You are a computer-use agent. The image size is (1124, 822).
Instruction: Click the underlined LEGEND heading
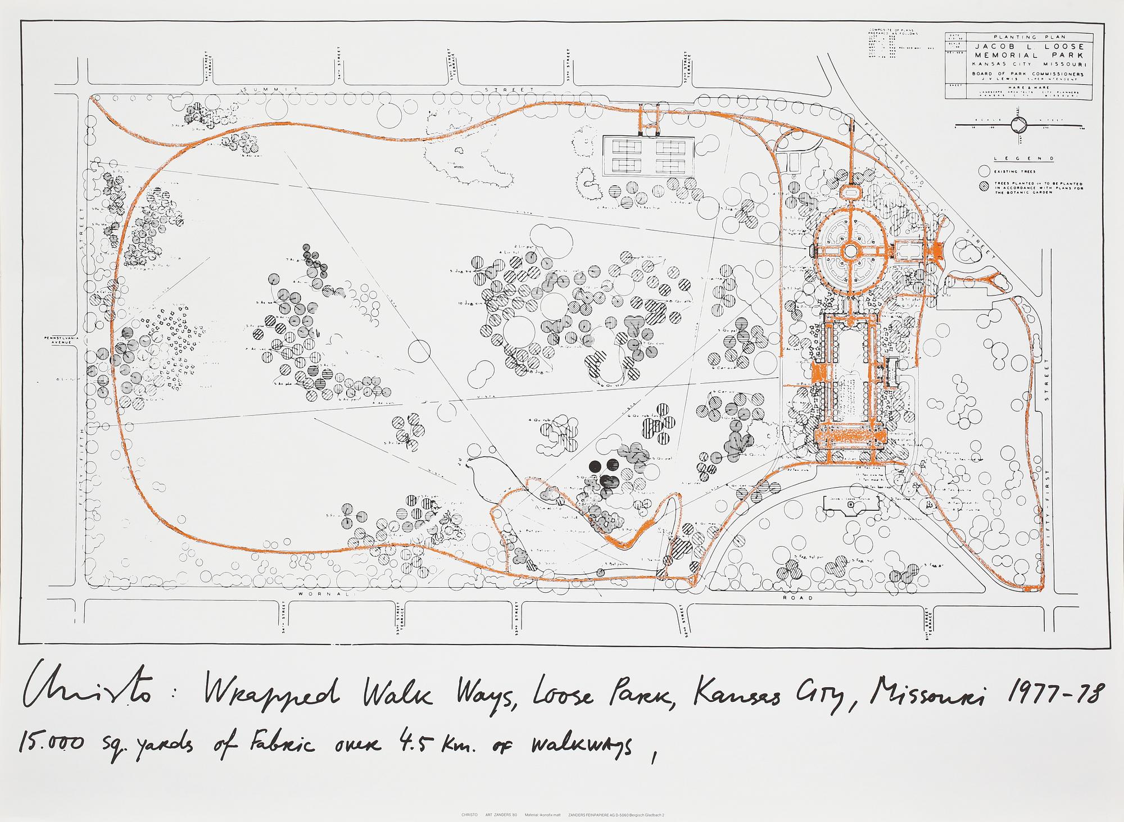(x=1016, y=158)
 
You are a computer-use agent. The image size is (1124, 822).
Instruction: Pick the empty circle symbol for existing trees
(x=983, y=170)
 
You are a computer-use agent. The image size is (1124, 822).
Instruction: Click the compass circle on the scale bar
(x=1019, y=124)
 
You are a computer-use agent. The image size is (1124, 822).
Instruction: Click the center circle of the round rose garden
(x=850, y=249)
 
